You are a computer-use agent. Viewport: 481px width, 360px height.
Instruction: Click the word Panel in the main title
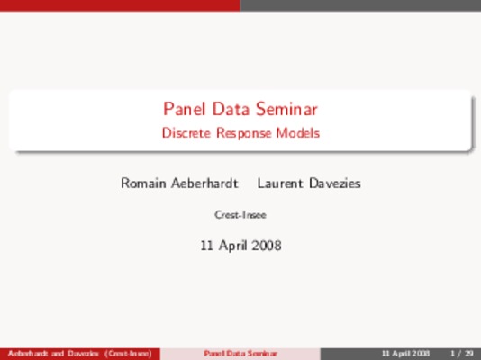pyautogui.click(x=185, y=109)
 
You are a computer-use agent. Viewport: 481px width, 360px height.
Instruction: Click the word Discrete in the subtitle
pyautogui.click(x=186, y=133)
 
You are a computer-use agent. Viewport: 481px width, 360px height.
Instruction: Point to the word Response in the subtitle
pyautogui.click(x=244, y=134)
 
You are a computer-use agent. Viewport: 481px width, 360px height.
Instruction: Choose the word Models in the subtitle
pyautogui.click(x=298, y=133)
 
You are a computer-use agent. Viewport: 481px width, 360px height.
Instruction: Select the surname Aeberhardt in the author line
pyautogui.click(x=204, y=184)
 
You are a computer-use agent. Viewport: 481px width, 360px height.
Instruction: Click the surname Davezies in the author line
pyautogui.click(x=335, y=184)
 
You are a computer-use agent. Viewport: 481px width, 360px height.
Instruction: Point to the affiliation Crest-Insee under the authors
pyautogui.click(x=240, y=215)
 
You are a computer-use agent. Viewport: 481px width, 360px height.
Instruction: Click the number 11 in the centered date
pyautogui.click(x=207, y=246)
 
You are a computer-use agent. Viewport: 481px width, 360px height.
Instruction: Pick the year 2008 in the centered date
pyautogui.click(x=267, y=246)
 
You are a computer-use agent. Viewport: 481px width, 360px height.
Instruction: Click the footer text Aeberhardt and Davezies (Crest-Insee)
pyautogui.click(x=80, y=354)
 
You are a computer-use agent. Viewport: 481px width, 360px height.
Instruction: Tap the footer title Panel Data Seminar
pyautogui.click(x=240, y=354)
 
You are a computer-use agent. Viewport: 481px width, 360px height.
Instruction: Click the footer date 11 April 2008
pyautogui.click(x=405, y=354)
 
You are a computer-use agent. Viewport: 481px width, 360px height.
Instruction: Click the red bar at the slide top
pyautogui.click(x=120, y=5)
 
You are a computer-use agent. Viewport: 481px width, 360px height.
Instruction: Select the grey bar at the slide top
pyautogui.click(x=360, y=5)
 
